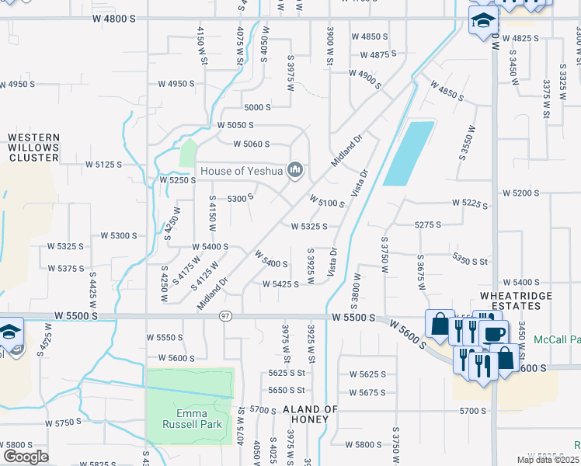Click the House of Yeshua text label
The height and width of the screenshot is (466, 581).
[242, 171]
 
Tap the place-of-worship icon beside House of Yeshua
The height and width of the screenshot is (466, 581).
[294, 170]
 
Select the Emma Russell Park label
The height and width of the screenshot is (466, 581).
[192, 419]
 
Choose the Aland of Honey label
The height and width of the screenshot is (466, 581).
[311, 413]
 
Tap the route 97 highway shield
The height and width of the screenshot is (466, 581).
[225, 316]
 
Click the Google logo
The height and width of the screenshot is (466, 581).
[26, 456]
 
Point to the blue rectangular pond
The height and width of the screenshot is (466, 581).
[409, 153]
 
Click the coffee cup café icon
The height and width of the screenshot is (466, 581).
[494, 334]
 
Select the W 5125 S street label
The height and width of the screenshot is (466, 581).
[104, 165]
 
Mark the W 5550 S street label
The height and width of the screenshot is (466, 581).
[165, 338]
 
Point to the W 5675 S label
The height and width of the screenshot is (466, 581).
[367, 393]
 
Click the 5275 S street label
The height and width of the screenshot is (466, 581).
[428, 224]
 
